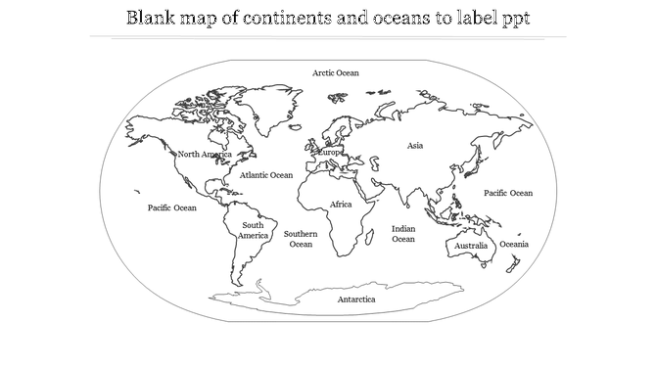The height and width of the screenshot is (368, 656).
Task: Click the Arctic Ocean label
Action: click(x=336, y=72)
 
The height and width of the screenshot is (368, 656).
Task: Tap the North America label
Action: click(x=204, y=155)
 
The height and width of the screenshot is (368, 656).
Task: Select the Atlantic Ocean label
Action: click(x=265, y=175)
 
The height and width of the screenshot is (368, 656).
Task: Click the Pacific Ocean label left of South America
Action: click(x=171, y=207)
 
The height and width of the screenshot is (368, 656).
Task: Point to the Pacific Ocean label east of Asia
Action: click(x=508, y=193)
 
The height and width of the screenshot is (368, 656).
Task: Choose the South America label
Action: click(x=253, y=231)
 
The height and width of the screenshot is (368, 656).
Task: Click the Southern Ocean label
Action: click(x=301, y=239)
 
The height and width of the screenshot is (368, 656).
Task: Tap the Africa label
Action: click(x=341, y=205)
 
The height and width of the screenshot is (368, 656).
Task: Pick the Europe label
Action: click(x=330, y=153)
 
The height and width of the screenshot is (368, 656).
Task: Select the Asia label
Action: click(x=415, y=146)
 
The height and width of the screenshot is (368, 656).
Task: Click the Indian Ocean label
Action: click(x=403, y=233)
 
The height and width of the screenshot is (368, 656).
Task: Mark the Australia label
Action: click(x=471, y=246)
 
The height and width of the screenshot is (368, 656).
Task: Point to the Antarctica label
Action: click(x=356, y=299)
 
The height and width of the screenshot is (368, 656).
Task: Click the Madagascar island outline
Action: click(x=372, y=234)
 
